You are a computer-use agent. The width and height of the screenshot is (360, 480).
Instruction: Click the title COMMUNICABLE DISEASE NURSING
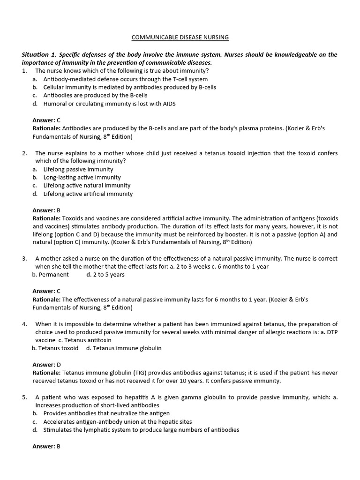pyautogui.click(x=180, y=37)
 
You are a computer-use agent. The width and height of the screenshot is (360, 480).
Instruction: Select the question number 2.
pyautogui.click(x=24, y=153)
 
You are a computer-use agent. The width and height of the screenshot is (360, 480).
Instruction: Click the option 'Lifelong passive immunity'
pyautogui.click(x=78, y=169)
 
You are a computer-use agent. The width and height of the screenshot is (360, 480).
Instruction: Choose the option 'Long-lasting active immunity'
pyautogui.click(x=82, y=178)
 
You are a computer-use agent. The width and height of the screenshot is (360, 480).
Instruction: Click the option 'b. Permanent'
pyautogui.click(x=51, y=275)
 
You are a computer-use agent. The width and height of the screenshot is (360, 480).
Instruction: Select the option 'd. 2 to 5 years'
pyautogui.click(x=105, y=275)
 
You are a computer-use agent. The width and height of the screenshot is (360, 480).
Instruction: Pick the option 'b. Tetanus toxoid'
pyautogui.click(x=55, y=348)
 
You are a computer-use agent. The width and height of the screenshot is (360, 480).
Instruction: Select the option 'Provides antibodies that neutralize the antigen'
pyautogui.click(x=106, y=413)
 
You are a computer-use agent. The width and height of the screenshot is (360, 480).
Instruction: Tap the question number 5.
pyautogui.click(x=24, y=397)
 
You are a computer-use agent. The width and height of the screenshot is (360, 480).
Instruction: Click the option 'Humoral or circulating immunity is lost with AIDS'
pyautogui.click(x=109, y=104)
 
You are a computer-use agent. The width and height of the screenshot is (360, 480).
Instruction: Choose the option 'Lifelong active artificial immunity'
pyautogui.click(x=88, y=194)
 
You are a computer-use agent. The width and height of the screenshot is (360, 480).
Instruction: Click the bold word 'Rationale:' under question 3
pyautogui.click(x=46, y=299)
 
